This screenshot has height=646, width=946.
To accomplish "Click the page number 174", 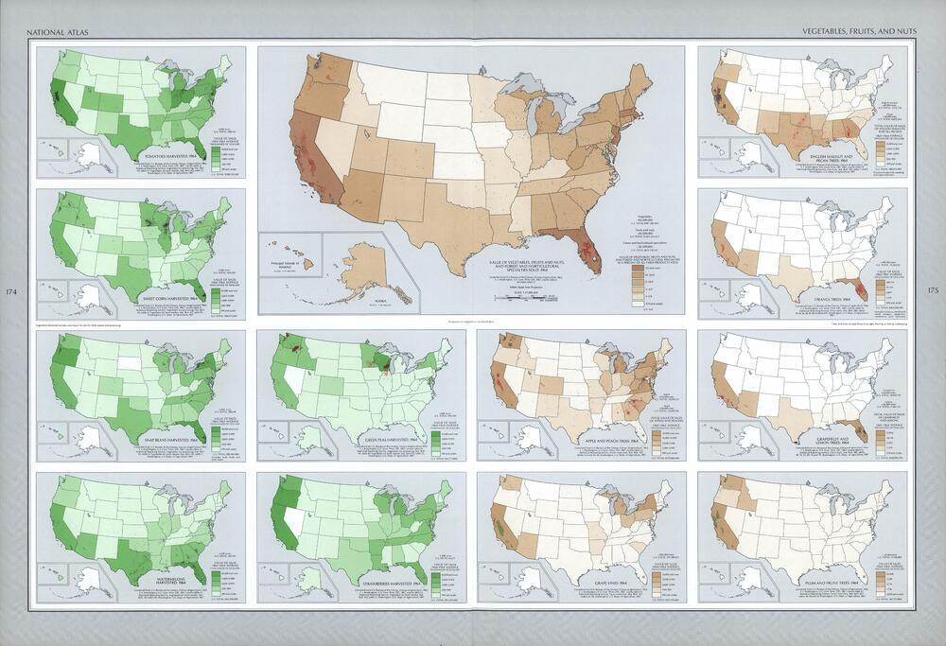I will [12, 290].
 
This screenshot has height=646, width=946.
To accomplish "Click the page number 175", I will [933, 290].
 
